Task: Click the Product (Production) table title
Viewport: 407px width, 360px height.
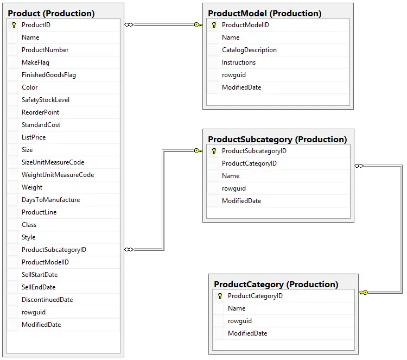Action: tap(51, 13)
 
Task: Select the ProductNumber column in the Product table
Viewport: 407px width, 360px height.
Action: tap(45, 50)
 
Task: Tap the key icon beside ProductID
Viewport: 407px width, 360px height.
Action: tap(14, 25)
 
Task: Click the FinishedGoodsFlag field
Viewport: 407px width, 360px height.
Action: tap(49, 75)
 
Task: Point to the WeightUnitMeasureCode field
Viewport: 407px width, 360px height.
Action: tap(58, 175)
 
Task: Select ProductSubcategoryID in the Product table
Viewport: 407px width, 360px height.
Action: tap(54, 250)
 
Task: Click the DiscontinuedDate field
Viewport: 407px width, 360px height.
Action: tap(47, 300)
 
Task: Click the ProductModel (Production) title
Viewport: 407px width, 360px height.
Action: tap(265, 13)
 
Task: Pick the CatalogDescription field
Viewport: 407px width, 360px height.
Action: tap(249, 50)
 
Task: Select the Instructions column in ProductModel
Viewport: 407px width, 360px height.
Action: tap(239, 62)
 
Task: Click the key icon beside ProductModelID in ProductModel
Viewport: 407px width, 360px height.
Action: tap(214, 25)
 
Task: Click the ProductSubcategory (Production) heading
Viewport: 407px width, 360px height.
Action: tap(277, 139)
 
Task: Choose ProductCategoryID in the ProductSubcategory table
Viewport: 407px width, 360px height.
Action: tap(249, 163)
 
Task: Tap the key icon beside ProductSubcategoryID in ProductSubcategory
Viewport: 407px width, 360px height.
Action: tap(214, 151)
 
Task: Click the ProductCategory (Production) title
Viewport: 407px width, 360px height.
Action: tap(276, 284)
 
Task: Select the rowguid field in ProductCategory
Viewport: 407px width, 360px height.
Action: tap(240, 321)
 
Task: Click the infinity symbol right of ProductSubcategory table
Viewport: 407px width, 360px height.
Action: tap(359, 166)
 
